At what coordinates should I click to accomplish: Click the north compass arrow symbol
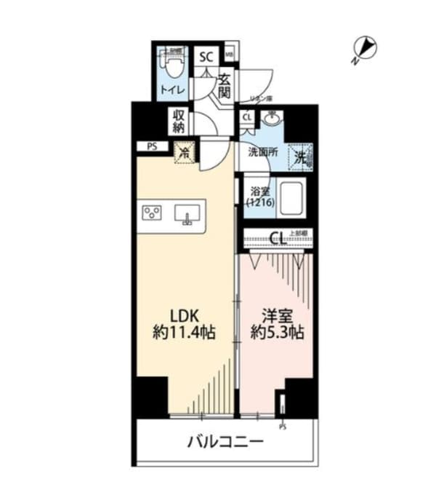(367, 49)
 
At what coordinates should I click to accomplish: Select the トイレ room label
(173, 90)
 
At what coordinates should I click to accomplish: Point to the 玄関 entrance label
(225, 87)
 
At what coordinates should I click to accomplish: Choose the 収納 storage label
(179, 121)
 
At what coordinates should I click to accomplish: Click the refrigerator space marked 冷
(185, 153)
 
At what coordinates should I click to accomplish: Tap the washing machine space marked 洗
(301, 155)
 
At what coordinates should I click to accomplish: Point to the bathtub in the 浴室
(291, 199)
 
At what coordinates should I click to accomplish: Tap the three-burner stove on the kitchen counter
(152, 213)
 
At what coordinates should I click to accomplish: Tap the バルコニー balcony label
(225, 442)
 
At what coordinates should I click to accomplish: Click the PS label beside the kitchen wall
(152, 146)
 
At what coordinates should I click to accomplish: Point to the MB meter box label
(229, 55)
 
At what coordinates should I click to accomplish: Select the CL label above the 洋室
(276, 238)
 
